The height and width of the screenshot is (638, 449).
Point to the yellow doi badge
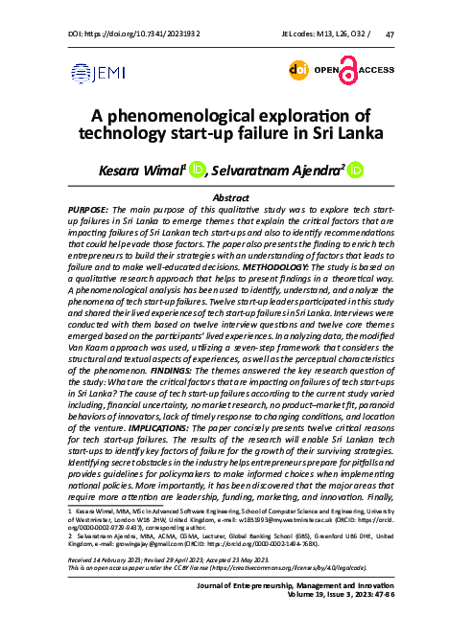coord(299,70)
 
